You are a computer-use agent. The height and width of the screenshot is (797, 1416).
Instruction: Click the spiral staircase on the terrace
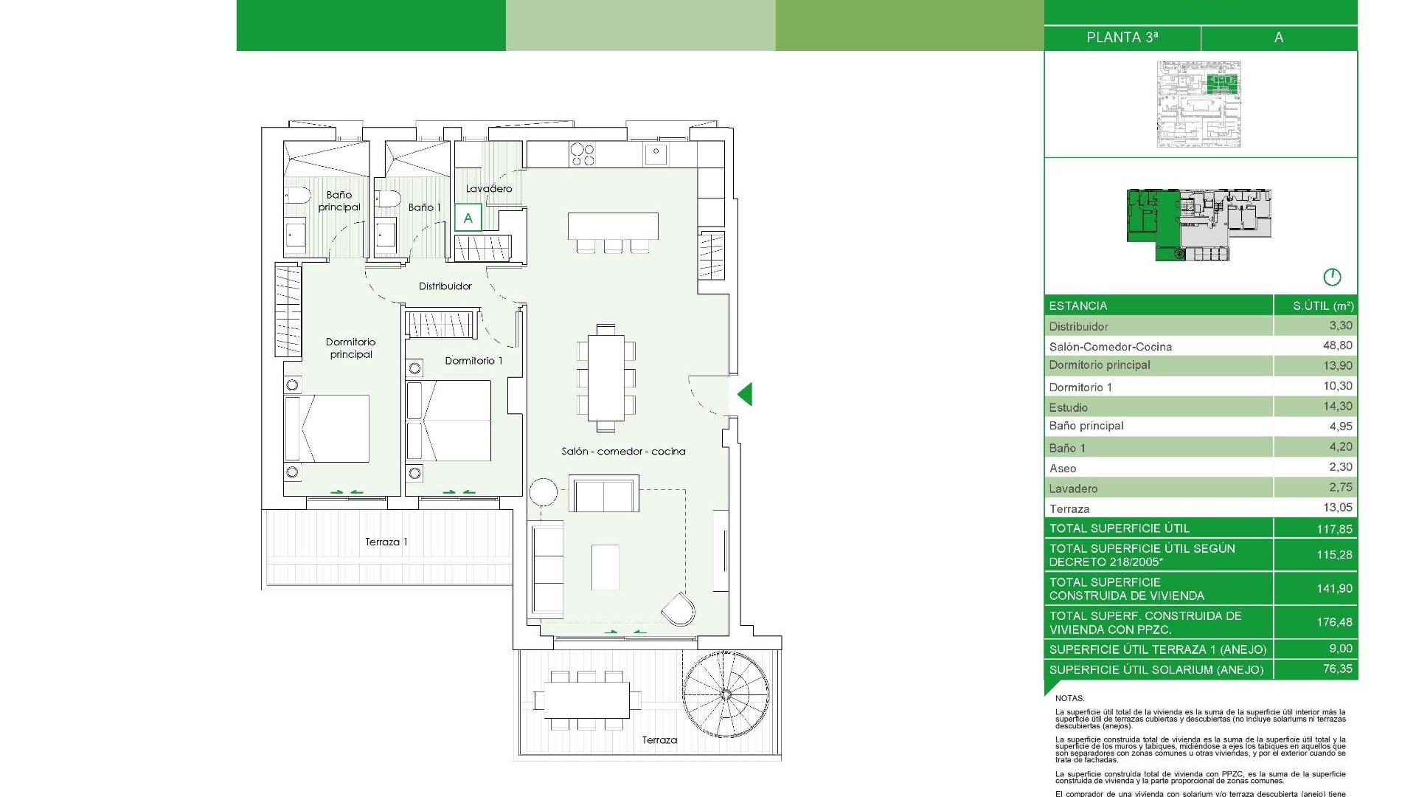point(725,694)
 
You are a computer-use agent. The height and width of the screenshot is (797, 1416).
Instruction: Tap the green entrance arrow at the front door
point(746,394)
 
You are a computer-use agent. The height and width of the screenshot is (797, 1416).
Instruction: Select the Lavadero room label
point(488,189)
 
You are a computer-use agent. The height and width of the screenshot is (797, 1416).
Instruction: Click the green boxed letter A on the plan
point(468,218)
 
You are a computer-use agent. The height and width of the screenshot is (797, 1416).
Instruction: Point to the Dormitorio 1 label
point(473,361)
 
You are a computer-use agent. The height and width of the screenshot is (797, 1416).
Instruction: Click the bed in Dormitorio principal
point(327,429)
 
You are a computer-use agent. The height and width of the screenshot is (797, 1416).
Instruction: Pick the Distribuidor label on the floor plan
point(445,286)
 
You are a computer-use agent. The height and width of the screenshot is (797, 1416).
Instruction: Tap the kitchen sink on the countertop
point(655,154)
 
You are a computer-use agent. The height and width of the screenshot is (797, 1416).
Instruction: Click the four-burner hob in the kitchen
point(582,154)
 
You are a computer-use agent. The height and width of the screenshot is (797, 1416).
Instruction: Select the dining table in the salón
point(605,377)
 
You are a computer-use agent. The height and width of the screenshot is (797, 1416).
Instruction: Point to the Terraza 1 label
point(386,542)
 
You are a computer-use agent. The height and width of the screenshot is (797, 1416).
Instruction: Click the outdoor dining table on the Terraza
point(587,699)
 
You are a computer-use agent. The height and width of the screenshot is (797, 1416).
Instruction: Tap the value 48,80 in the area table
point(1337,345)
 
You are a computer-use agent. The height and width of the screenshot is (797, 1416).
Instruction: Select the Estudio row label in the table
point(1068,407)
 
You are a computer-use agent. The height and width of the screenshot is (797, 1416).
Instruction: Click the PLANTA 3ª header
point(1122,38)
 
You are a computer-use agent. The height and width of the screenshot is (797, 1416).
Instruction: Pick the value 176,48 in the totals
point(1334,622)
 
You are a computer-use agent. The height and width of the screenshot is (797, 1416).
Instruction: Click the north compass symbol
point(1332,277)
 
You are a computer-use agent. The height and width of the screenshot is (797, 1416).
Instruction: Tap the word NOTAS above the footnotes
point(1069,698)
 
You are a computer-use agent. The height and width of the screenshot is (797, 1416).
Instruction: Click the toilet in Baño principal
point(298,196)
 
